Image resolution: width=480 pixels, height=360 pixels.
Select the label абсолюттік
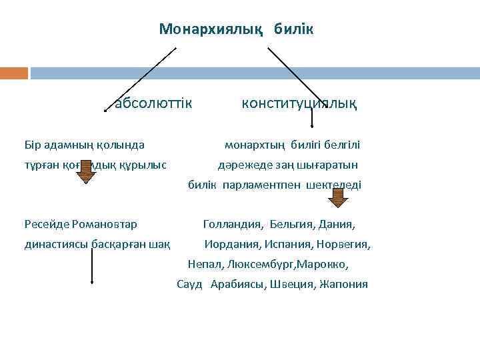pos(153,103)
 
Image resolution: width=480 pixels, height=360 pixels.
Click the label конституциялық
pos(299,103)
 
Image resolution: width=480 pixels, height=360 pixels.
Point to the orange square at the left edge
pos(14,73)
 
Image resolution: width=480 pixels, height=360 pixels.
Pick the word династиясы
pos(53,244)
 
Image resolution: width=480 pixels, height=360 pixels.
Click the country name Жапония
pos(344,284)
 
